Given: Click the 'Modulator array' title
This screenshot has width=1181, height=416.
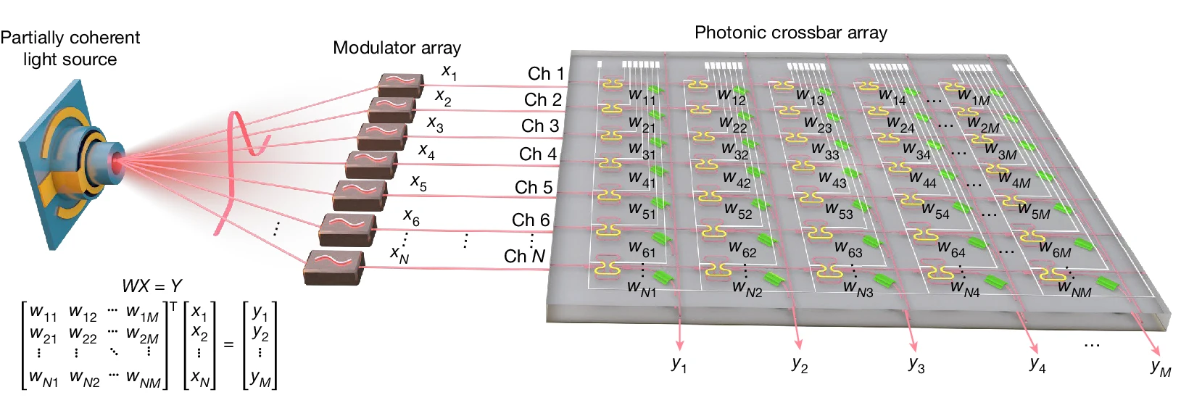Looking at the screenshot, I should (397, 48).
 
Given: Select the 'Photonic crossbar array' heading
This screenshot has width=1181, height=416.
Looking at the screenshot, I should (790, 33).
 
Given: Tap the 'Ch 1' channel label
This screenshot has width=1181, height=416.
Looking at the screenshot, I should (545, 73).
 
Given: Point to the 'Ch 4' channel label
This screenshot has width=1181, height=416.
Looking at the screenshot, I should (537, 154).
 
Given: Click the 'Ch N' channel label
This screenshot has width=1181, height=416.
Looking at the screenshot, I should (524, 256).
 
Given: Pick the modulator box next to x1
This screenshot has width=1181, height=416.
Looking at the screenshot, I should (400, 84).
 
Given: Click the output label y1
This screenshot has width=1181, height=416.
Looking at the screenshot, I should (679, 364).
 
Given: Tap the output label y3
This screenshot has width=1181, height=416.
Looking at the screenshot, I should (916, 364).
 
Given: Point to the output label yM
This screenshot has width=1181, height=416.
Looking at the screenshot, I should (1160, 367).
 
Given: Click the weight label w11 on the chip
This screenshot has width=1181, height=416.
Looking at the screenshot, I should (642, 96).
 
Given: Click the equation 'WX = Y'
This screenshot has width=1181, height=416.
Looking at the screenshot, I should (152, 286).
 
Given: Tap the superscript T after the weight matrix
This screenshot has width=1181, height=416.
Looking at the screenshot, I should (173, 307).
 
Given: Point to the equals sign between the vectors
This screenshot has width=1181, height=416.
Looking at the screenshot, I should (228, 345).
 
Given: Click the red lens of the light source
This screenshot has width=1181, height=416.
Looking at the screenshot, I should (116, 163).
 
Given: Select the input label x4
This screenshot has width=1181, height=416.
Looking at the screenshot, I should (426, 151).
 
